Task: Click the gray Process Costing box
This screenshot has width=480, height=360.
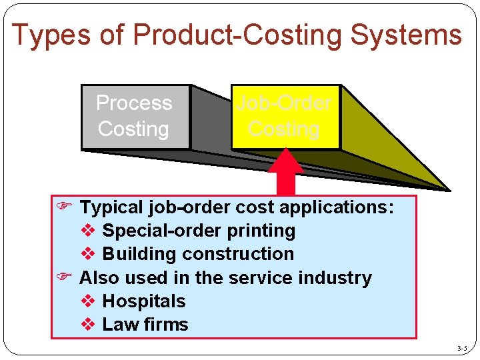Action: pos(135,116)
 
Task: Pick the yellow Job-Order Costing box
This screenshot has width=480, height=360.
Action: pos(285,116)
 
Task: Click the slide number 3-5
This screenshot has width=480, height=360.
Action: pos(462,348)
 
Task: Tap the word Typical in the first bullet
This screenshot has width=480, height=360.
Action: pos(112,207)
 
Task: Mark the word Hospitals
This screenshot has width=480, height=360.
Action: pos(144,301)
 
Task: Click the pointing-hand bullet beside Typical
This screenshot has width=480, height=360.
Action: pos(64,207)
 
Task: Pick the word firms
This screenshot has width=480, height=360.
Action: pos(165,325)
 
